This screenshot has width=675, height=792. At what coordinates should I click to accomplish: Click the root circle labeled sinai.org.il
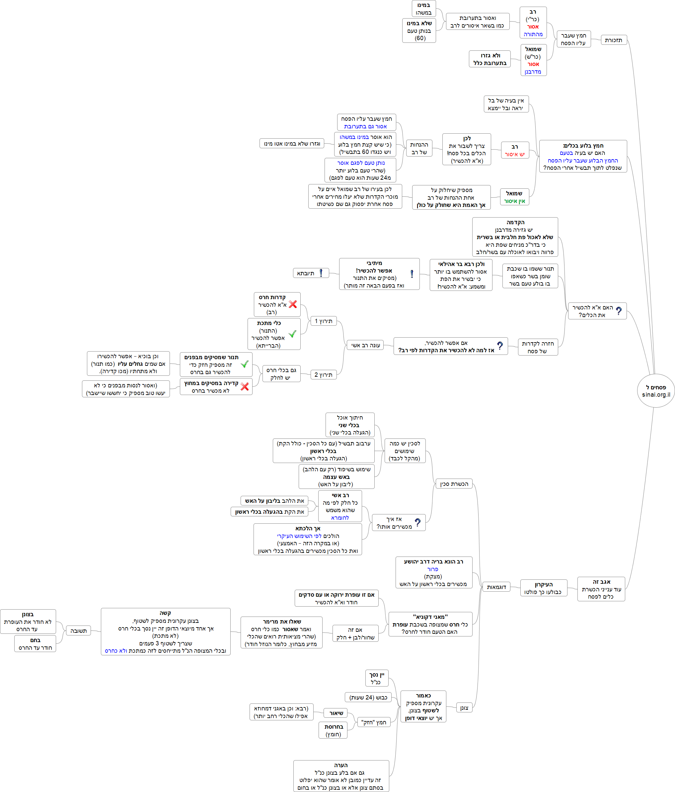click(655, 391)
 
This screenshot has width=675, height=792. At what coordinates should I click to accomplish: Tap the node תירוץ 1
click(323, 321)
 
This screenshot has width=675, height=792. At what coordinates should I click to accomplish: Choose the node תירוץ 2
click(323, 374)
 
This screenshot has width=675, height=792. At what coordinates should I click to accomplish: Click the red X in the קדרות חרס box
click(293, 304)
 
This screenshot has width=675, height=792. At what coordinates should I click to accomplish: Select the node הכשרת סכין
click(454, 484)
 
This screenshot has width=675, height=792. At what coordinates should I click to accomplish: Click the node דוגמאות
click(496, 587)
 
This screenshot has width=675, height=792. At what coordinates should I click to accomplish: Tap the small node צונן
click(464, 708)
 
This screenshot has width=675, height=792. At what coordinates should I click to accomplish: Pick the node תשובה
click(78, 631)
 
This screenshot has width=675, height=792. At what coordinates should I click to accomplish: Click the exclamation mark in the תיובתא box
click(321, 273)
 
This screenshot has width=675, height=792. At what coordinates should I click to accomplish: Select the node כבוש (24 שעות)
click(368, 697)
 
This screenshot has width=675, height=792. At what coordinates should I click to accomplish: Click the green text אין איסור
click(514, 201)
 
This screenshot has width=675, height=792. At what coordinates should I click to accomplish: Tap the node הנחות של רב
click(419, 148)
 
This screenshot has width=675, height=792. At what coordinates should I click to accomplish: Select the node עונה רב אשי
click(365, 345)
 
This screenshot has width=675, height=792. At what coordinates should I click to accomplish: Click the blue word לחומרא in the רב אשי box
click(340, 517)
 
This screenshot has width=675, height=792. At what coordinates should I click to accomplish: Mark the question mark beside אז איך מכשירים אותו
click(417, 522)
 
